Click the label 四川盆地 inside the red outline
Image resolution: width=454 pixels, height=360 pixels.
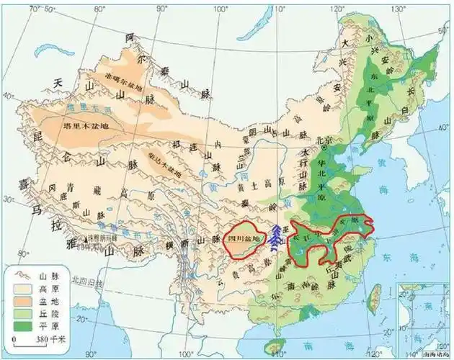tap(242, 238)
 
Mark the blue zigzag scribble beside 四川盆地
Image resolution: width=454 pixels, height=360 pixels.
tap(276, 238)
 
